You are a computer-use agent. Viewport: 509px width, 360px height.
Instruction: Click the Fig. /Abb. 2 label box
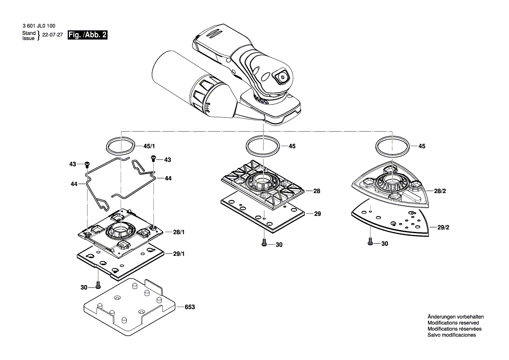point(87,35)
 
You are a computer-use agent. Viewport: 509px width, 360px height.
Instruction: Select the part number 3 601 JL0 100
point(39,27)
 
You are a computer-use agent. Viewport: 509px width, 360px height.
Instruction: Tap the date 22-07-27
point(52,36)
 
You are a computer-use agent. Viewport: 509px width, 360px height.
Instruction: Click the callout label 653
point(189,307)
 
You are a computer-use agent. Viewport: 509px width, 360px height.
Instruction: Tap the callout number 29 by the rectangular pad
point(317,214)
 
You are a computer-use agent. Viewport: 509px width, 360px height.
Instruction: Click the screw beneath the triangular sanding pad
point(370,241)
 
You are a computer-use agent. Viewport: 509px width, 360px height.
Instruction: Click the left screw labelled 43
point(87,164)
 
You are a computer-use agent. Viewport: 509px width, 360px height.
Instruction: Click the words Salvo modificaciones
point(452,335)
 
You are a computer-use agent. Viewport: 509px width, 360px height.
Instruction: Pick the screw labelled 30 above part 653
point(98,285)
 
